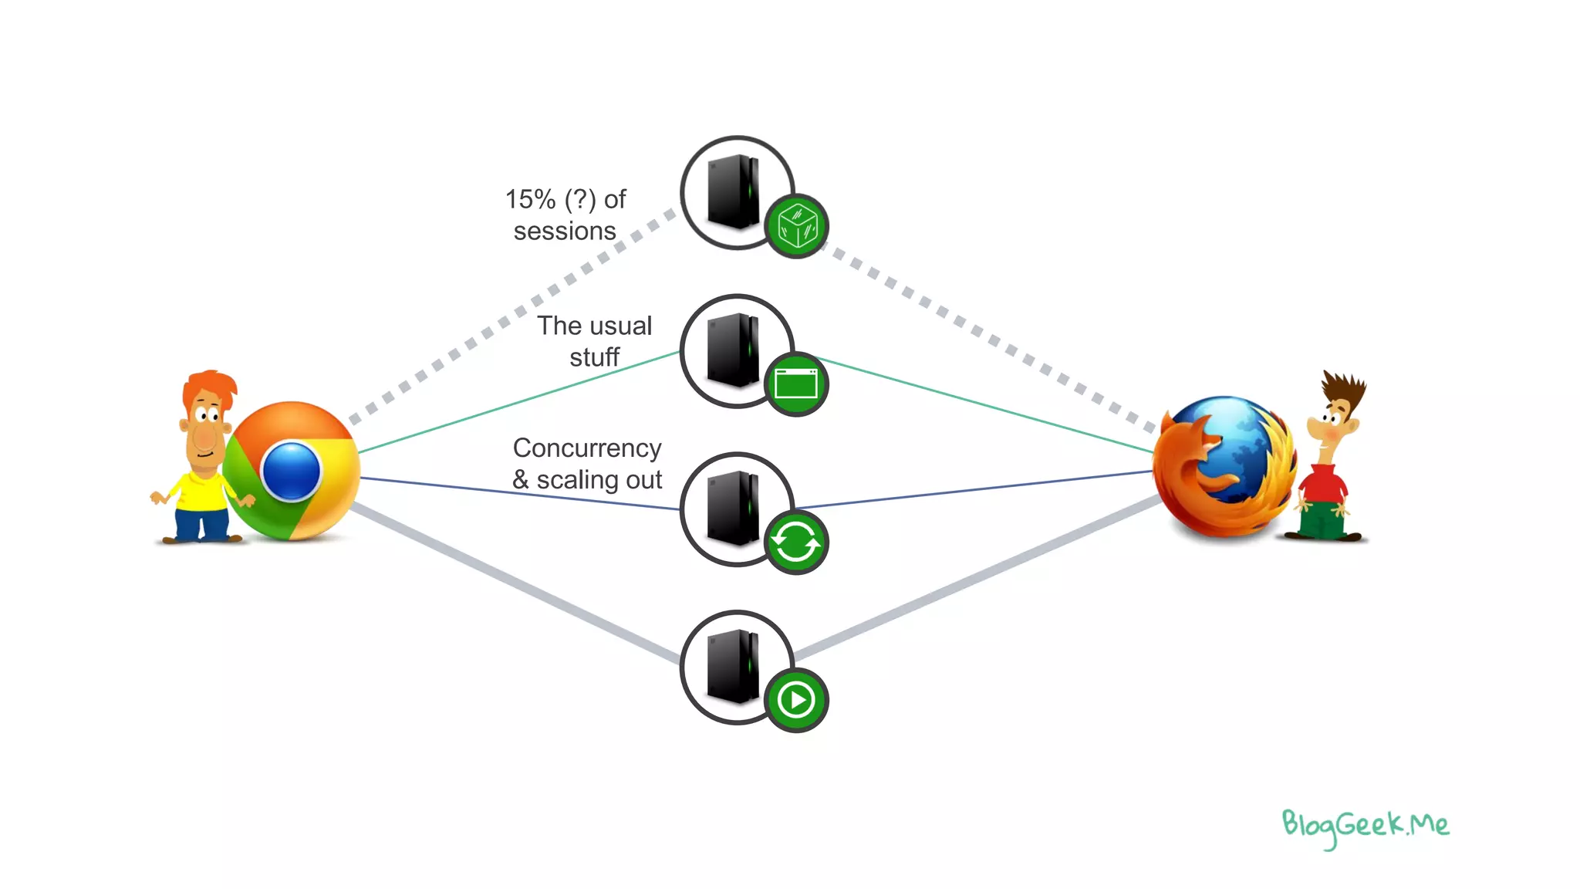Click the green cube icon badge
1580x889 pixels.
pos(796,226)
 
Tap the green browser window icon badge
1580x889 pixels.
pos(796,384)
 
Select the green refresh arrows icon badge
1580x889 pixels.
pos(796,543)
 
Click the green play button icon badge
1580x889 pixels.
pos(796,701)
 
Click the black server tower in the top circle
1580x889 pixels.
pos(733,191)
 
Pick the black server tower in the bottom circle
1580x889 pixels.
pos(733,666)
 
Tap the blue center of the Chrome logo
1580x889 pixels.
pos(291,471)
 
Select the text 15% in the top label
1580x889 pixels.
pos(530,200)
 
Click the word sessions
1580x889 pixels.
pos(565,232)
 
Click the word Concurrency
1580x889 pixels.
pos(587,448)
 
